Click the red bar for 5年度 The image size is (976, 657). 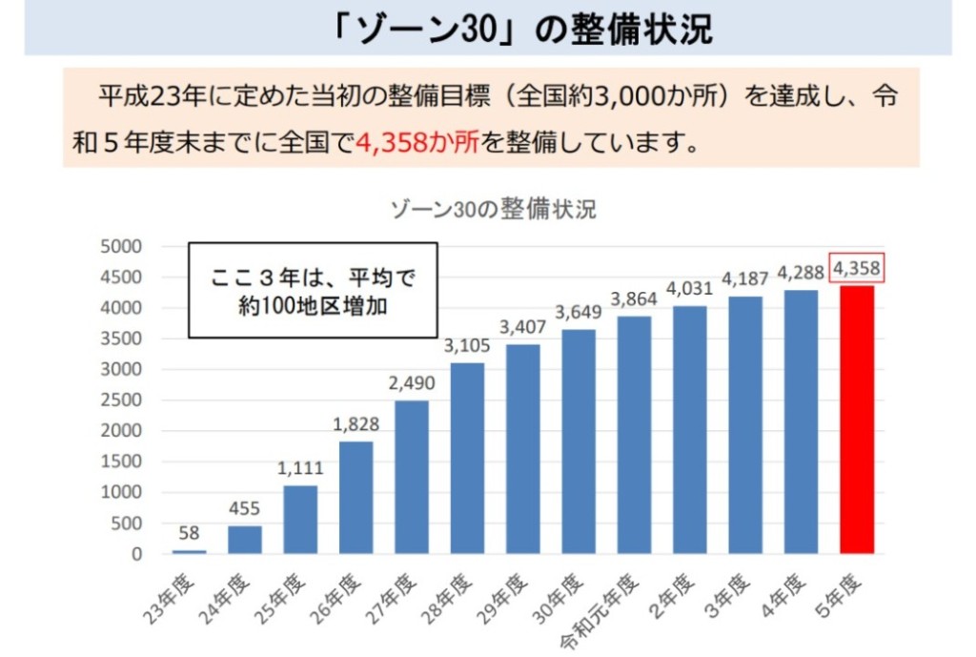click(856, 420)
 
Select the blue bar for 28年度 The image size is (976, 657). click(467, 458)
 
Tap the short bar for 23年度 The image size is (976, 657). click(189, 551)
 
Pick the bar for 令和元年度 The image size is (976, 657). click(634, 434)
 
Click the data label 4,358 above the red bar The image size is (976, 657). click(856, 269)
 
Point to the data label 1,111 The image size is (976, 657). click(300, 469)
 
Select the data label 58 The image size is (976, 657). click(189, 533)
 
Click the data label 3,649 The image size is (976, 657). click(579, 312)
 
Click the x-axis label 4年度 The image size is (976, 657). click(790, 589)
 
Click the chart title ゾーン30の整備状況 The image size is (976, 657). click(493, 209)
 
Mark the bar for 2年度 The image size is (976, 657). click(689, 429)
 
